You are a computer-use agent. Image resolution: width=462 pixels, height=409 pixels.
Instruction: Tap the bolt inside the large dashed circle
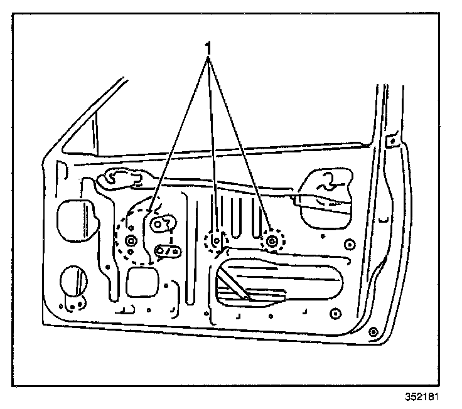coord(131,242)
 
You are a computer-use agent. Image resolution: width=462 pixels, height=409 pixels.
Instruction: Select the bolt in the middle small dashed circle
coord(216,240)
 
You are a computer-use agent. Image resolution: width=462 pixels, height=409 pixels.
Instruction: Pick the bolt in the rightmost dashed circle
coord(272,240)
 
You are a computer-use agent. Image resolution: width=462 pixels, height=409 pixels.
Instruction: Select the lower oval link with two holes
coord(168,252)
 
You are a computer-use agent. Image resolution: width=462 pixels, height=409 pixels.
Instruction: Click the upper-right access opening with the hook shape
coord(326,198)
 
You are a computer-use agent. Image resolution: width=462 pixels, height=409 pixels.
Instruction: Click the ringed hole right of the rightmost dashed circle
coord(350,245)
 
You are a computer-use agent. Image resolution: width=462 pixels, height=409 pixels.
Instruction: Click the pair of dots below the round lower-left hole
coord(75,307)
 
